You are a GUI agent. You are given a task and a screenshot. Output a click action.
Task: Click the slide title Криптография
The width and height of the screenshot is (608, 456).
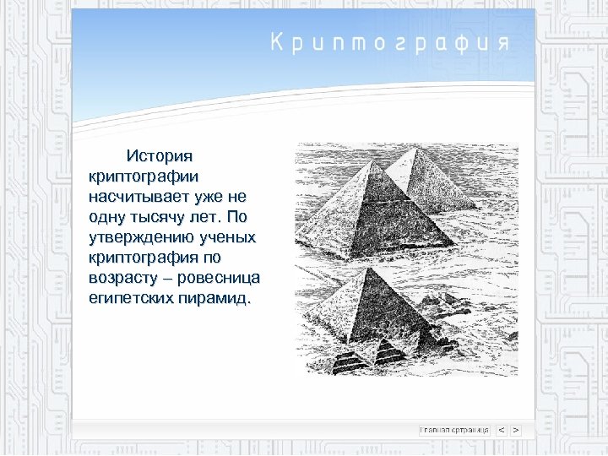(x=390, y=43)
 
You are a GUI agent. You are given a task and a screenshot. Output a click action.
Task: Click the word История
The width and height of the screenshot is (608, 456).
(x=160, y=156)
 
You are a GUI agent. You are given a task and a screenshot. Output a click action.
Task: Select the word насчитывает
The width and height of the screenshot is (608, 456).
(x=137, y=197)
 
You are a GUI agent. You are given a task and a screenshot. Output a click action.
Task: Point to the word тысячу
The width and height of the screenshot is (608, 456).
(x=165, y=217)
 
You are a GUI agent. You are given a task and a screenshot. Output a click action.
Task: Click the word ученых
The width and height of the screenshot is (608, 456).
(x=224, y=237)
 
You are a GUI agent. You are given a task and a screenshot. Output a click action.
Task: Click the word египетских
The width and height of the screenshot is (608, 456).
(x=131, y=298)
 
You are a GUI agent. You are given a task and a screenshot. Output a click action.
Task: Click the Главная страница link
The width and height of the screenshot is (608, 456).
(x=454, y=430)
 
